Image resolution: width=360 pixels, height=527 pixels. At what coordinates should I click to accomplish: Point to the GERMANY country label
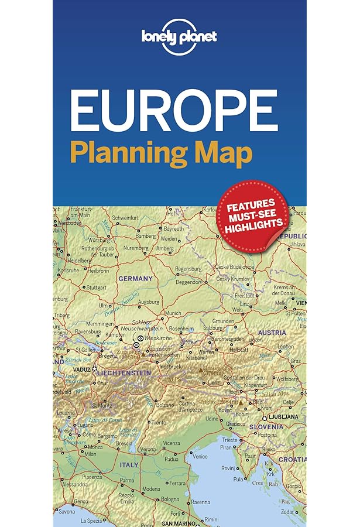(135, 278)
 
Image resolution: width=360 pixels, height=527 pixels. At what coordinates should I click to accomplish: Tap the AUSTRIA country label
(272, 333)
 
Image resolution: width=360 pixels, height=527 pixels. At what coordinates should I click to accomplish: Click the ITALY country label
(129, 464)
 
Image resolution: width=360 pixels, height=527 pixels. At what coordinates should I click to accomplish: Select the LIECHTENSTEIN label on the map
(124, 373)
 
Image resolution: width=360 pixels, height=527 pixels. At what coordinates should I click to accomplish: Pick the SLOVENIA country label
(266, 426)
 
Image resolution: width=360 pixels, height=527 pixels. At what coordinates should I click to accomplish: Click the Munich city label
(173, 314)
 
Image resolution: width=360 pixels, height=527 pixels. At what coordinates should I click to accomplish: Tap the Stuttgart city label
(95, 288)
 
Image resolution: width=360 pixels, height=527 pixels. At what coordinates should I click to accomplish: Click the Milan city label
(90, 454)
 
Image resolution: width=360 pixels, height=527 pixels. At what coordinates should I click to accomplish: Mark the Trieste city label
(230, 440)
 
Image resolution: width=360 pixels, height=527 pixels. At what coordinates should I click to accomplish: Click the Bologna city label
(170, 498)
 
